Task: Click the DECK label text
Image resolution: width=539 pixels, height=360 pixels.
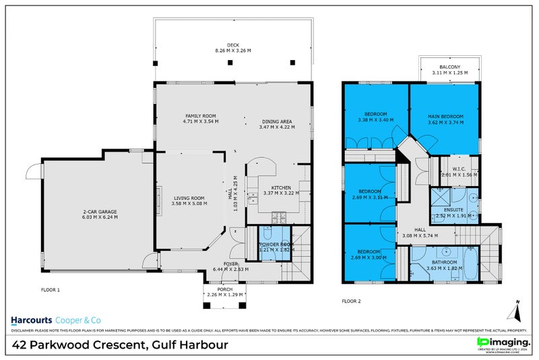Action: [233, 44]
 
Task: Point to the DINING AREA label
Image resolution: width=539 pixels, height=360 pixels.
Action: [277, 121]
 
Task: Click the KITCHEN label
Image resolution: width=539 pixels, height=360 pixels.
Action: [280, 187]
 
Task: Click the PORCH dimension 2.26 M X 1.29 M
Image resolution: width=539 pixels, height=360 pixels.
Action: [226, 294]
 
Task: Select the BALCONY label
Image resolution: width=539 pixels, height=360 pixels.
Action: [449, 67]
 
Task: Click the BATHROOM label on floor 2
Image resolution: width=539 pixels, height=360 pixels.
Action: [444, 262]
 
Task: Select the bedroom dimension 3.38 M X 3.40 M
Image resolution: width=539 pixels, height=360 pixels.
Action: [375, 121]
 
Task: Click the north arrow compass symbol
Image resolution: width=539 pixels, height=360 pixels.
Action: [515, 311]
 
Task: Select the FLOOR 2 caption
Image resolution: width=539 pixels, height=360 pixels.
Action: [351, 301]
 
